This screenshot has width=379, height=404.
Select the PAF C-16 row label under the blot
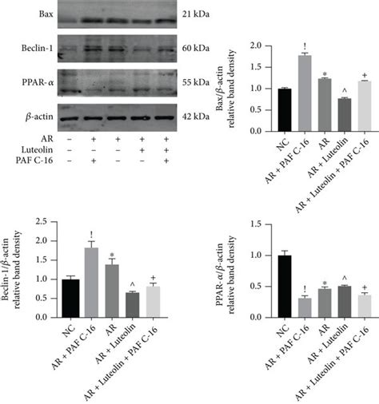click(x=26, y=160)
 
